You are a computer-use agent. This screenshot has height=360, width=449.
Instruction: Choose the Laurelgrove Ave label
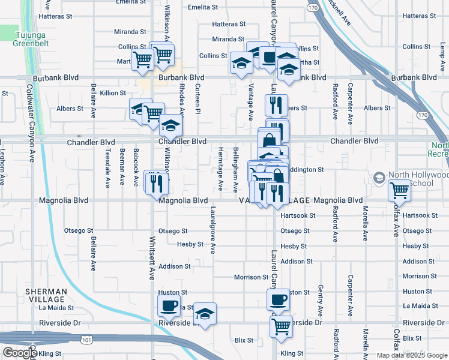213,231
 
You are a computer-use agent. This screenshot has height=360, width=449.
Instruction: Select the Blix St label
244,340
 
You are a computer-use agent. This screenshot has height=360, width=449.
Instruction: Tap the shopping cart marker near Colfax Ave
400,191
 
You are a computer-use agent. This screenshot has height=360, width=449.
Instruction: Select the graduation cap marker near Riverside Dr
205,314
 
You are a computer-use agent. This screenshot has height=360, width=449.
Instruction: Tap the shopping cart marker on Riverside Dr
280,326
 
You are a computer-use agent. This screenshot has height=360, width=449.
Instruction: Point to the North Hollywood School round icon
379,178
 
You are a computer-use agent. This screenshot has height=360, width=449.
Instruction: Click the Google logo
20,352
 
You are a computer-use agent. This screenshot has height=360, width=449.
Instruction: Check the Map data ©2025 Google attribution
411,355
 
